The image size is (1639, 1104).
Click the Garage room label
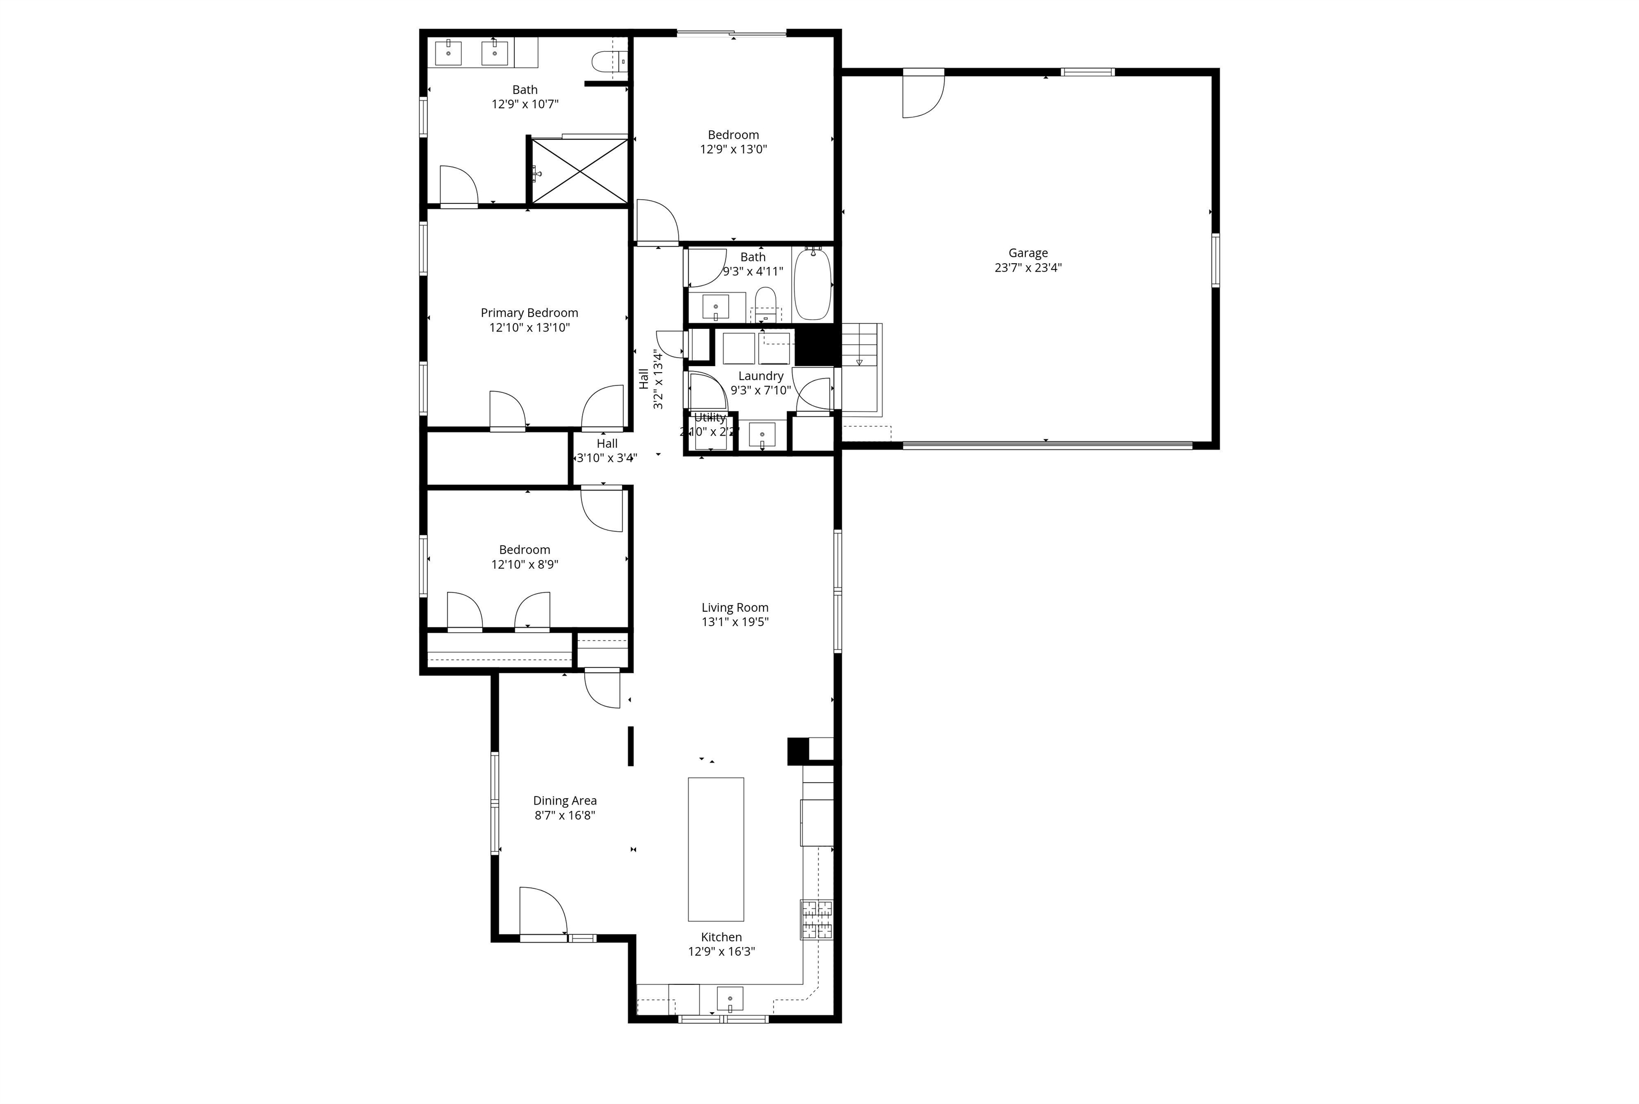pyautogui.click(x=1028, y=253)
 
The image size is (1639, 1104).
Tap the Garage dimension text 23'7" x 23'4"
pyautogui.click(x=1028, y=267)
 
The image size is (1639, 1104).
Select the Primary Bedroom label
pyautogui.click(x=529, y=313)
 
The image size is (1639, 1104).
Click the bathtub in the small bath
pyautogui.click(x=812, y=285)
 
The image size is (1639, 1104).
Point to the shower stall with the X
pyautogui.click(x=579, y=171)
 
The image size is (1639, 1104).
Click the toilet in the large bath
pyautogui.click(x=604, y=61)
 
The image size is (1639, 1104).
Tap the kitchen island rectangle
pyautogui.click(x=715, y=849)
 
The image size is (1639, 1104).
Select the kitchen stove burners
pyautogui.click(x=816, y=919)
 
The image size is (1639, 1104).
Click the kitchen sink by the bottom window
pyautogui.click(x=730, y=998)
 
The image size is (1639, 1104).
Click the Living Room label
pyautogui.click(x=735, y=607)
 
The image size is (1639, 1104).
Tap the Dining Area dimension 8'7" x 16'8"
pyautogui.click(x=564, y=815)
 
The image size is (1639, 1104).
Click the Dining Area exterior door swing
pyautogui.click(x=542, y=911)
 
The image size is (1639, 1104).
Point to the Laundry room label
pyautogui.click(x=760, y=376)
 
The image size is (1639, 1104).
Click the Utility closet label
pyautogui.click(x=710, y=418)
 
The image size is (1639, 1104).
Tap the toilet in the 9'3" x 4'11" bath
pyautogui.click(x=765, y=301)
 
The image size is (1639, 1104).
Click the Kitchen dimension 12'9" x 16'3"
pyautogui.click(x=721, y=951)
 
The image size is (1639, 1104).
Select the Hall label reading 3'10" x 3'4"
pyautogui.click(x=607, y=458)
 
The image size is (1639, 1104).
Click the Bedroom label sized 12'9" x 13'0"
pyautogui.click(x=733, y=135)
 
